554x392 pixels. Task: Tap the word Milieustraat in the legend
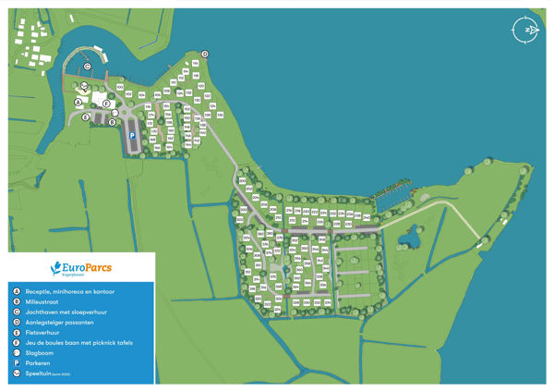tap(42, 301)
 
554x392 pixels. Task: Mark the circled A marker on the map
tap(78, 103)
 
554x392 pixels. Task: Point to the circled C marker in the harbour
tap(87, 66)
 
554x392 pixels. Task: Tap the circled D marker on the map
tap(205, 54)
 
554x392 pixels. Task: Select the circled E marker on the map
tap(85, 116)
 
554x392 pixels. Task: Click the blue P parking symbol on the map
tap(132, 136)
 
